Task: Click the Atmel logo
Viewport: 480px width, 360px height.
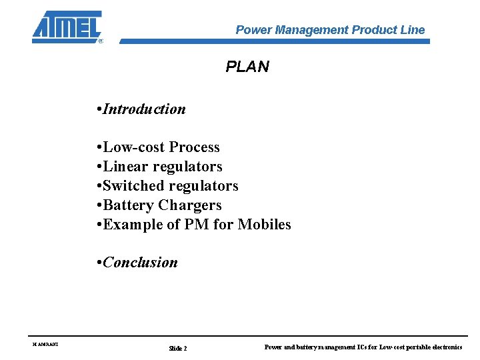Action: click(67, 27)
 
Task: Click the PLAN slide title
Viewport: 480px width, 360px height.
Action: click(247, 67)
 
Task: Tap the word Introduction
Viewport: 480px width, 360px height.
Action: click(144, 109)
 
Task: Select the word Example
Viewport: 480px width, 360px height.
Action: click(131, 225)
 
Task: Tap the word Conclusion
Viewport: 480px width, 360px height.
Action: click(140, 263)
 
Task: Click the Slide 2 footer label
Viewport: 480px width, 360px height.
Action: click(178, 348)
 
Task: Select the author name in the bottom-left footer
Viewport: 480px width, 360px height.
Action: click(45, 345)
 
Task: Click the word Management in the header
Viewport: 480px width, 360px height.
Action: click(311, 30)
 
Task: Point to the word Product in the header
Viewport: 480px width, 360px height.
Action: click(374, 30)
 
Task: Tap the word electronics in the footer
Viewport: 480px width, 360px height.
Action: click(447, 347)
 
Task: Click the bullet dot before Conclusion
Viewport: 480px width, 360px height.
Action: click(99, 263)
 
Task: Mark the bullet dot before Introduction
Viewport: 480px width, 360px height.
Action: click(99, 109)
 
